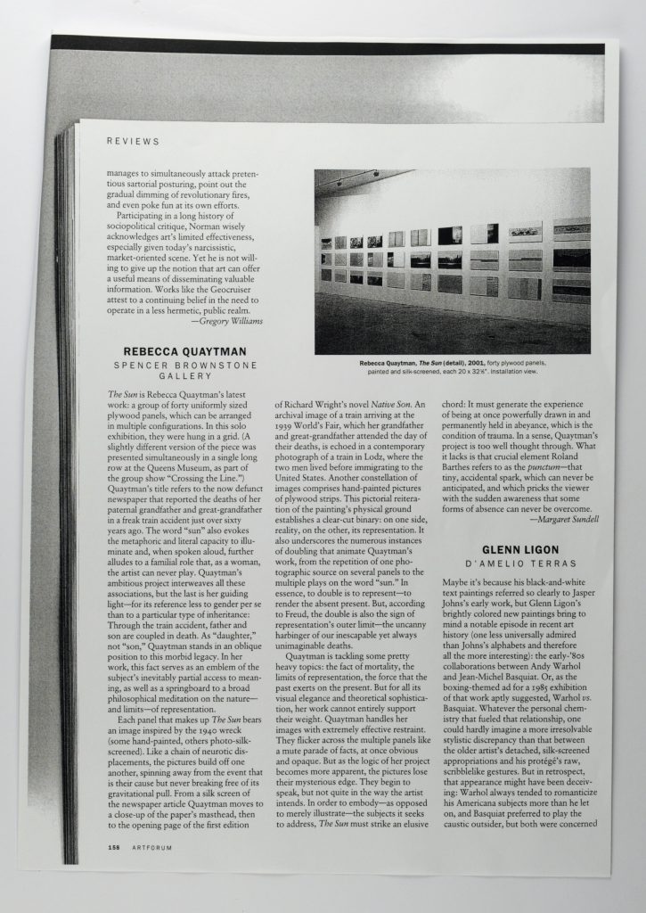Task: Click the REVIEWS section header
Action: pyautogui.click(x=133, y=141)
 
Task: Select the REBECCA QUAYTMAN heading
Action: pyautogui.click(x=185, y=351)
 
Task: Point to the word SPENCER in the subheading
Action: pyautogui.click(x=142, y=366)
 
